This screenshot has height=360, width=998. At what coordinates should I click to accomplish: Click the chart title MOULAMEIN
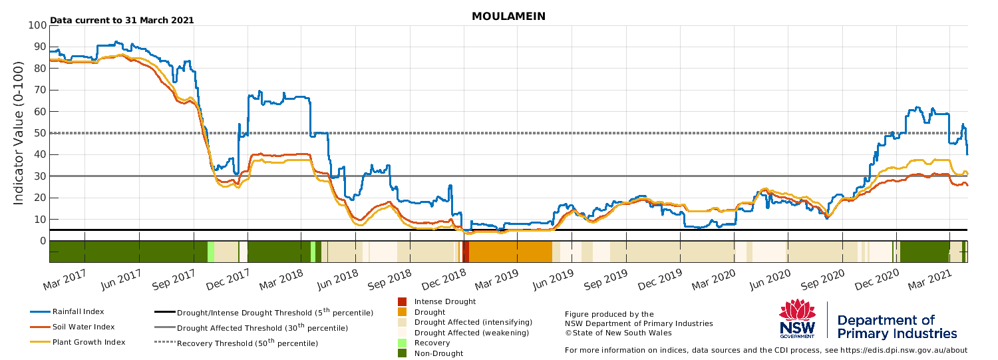click(x=508, y=17)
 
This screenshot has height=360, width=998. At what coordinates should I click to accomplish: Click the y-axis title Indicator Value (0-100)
click(x=18, y=133)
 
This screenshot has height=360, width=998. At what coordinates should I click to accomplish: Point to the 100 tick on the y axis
click(x=37, y=25)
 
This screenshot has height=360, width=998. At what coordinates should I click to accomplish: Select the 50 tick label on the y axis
click(x=41, y=133)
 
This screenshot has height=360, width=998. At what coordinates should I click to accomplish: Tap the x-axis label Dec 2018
click(x=444, y=280)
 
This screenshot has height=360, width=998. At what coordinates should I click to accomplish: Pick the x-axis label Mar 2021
click(x=930, y=280)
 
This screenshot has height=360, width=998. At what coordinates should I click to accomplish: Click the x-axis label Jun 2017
click(x=120, y=280)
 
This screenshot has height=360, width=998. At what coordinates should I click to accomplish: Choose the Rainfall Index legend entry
click(x=67, y=312)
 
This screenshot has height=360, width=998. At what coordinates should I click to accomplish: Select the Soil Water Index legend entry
click(x=73, y=327)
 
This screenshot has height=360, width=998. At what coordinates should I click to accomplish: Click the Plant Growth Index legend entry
click(x=78, y=342)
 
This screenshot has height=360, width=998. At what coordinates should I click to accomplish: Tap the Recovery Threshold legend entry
click(x=236, y=343)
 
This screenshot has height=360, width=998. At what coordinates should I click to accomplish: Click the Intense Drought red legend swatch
click(x=402, y=301)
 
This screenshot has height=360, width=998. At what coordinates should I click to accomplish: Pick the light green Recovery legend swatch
click(x=402, y=343)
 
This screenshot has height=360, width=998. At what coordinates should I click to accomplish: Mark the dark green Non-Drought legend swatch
click(x=402, y=353)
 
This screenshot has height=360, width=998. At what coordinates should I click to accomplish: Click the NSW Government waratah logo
click(x=797, y=319)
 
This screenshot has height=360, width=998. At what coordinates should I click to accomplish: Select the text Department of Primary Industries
click(x=897, y=327)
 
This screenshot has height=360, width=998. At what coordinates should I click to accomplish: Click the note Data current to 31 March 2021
click(x=122, y=21)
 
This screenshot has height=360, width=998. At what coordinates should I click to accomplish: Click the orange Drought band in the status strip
click(x=510, y=252)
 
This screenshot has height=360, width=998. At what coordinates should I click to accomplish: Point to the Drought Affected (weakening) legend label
click(x=472, y=333)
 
